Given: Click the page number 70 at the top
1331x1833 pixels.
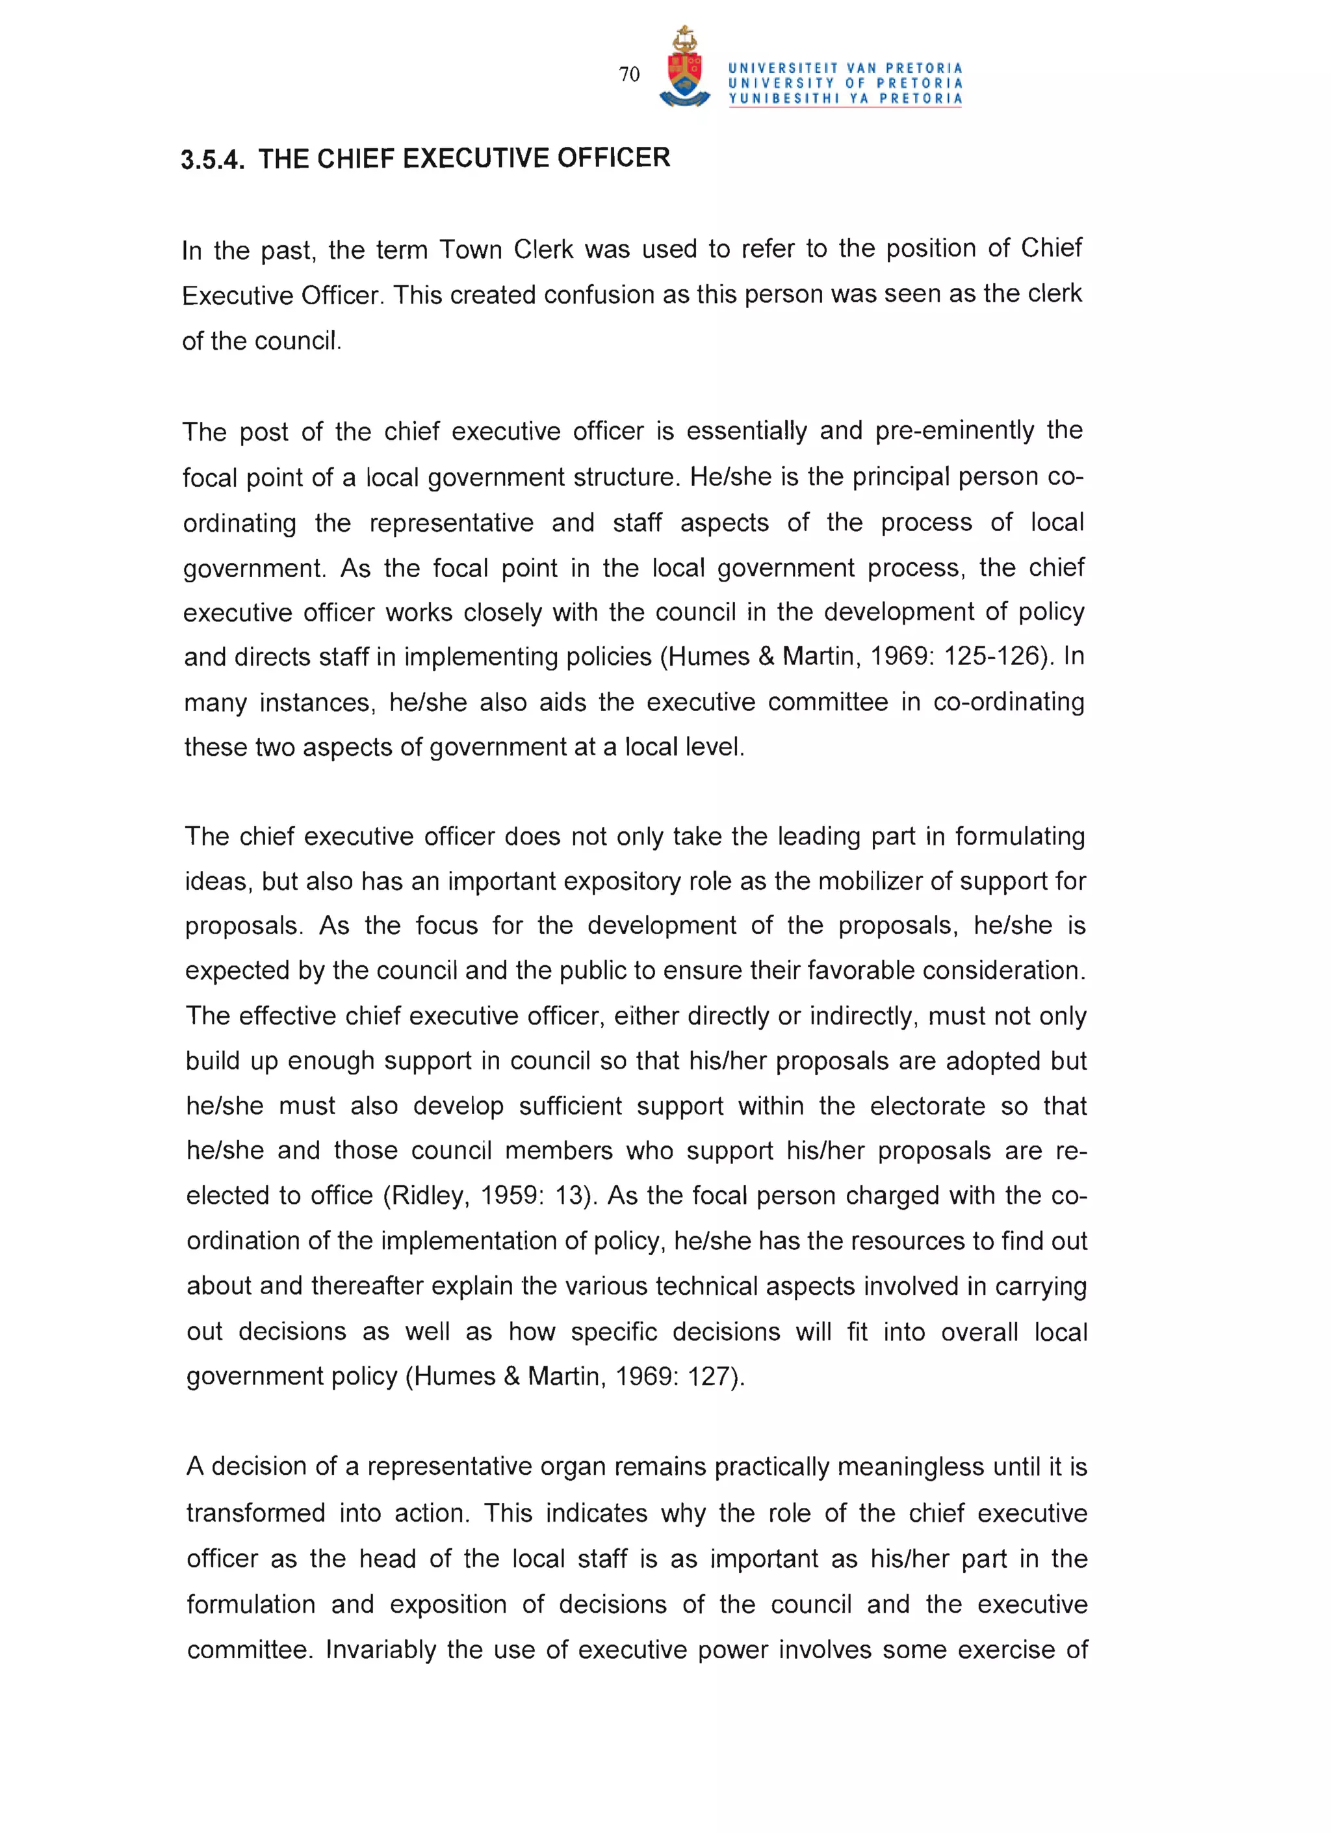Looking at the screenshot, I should pyautogui.click(x=628, y=74).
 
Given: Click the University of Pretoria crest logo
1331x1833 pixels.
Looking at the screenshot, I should pyautogui.click(x=684, y=69).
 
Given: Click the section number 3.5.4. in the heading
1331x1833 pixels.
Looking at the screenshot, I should pyautogui.click(x=212, y=160).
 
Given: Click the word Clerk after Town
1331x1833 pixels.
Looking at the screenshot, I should pyautogui.click(x=543, y=249).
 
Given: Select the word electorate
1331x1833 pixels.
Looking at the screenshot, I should pyautogui.click(x=927, y=1106).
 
